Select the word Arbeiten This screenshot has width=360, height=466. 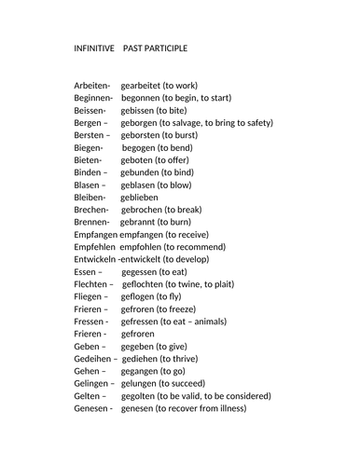click(x=92, y=85)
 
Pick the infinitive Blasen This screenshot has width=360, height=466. click(x=90, y=185)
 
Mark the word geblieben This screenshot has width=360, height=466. click(x=139, y=198)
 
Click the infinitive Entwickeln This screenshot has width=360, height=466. click(x=95, y=259)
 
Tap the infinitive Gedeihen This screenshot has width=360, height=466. click(x=95, y=359)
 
